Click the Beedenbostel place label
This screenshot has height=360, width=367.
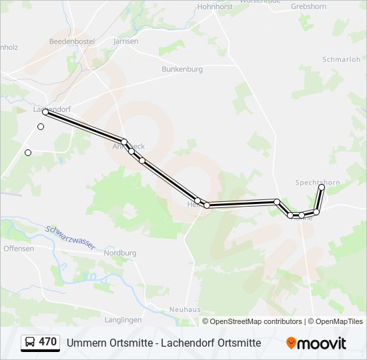click(72, 41)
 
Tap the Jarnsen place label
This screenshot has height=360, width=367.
click(125, 41)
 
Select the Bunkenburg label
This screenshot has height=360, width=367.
click(181, 69)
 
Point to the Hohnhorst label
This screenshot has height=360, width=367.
click(214, 7)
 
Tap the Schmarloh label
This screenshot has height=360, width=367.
click(341, 59)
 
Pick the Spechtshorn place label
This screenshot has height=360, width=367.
click(318, 182)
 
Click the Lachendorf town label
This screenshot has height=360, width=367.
click(52, 108)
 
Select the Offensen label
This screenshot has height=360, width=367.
click(19, 249)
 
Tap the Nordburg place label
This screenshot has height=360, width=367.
click(120, 253)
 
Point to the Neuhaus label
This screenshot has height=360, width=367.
click(185, 309)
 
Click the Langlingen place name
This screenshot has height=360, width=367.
click(123, 320)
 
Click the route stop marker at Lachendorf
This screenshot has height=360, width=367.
click(45, 112)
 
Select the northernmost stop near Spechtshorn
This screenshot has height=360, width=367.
click(321, 187)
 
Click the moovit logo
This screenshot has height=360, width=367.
click(316, 343)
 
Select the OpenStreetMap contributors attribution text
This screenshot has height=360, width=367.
click(256, 321)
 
